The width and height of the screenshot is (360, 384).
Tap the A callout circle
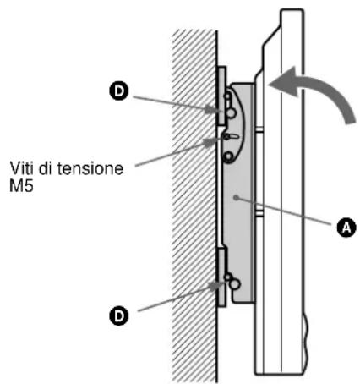(x=342, y=227)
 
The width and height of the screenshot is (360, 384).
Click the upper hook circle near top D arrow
(x=229, y=109)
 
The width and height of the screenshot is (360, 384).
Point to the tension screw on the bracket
(x=229, y=135)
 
